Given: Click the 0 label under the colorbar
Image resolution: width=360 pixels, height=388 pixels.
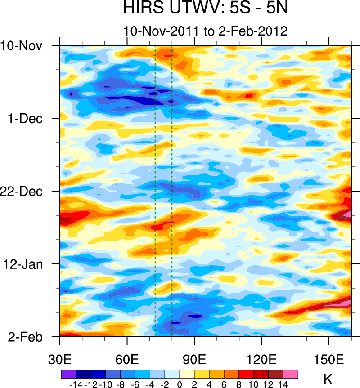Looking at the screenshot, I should tap(180, 384).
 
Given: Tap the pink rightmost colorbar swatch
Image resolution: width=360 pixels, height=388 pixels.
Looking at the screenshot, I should tap(291, 374).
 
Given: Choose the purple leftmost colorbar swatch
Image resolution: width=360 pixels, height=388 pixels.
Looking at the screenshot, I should tap(68, 374).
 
